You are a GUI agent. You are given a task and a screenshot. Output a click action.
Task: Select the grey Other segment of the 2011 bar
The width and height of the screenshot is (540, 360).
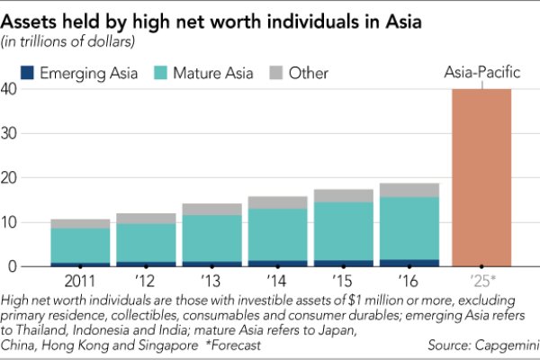click(80, 223)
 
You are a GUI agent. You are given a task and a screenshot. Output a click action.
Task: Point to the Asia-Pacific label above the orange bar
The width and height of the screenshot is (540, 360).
click(481, 73)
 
